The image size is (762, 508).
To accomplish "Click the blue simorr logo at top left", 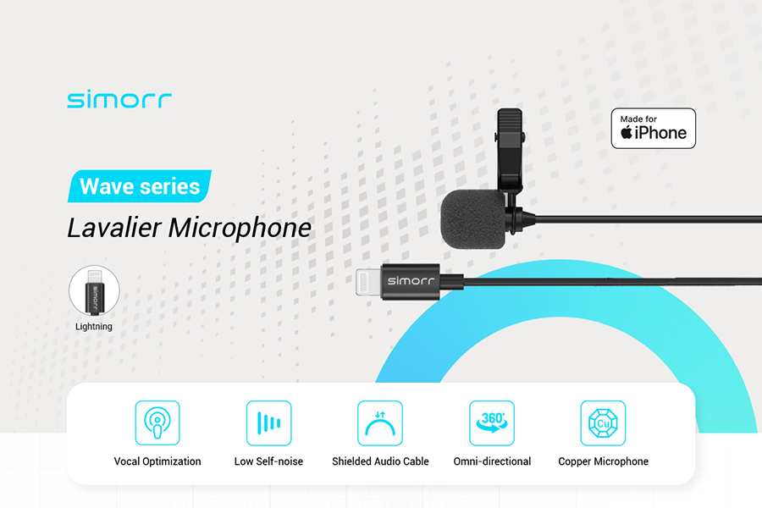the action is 119,100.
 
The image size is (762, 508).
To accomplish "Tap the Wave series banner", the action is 140,186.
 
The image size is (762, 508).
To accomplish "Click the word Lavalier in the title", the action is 114,228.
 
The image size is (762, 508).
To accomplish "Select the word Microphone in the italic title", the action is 240,228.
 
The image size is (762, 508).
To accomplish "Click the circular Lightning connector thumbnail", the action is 94,290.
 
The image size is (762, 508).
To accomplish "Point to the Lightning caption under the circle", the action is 94,327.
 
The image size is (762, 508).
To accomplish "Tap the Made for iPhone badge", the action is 653,129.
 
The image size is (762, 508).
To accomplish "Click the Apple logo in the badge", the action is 627,132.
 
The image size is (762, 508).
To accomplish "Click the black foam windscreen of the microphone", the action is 472,218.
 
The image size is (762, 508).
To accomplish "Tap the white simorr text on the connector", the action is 411,280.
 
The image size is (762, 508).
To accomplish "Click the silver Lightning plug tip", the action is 368,282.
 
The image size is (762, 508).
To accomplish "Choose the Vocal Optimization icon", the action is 157,423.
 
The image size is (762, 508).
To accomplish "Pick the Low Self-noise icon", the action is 268,423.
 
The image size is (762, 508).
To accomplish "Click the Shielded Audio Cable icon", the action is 380,423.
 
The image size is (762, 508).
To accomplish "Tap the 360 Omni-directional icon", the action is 492,423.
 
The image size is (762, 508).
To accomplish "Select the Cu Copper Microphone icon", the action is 603,423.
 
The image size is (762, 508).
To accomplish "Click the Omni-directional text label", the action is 492,461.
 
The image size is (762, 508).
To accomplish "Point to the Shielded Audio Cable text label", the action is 380,461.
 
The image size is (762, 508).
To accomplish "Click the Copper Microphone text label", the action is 603,461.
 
